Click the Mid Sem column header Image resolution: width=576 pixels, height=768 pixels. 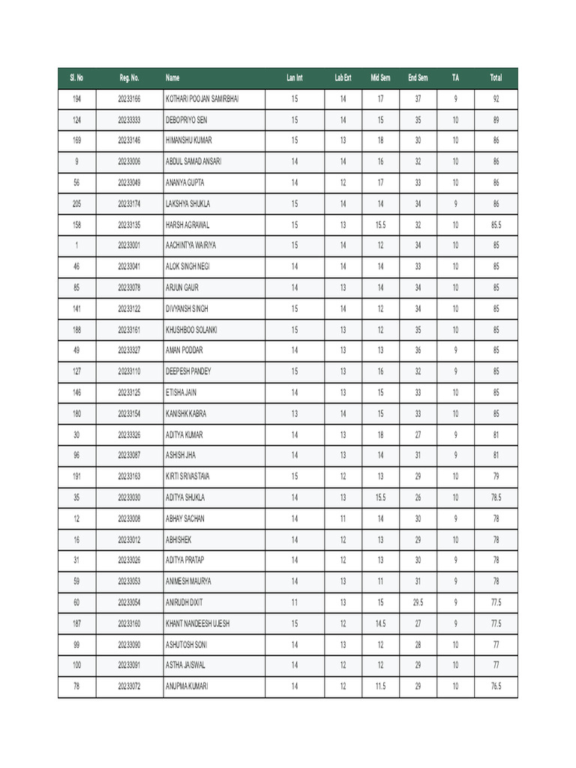[x=380, y=78]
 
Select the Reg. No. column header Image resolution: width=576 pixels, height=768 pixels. [x=129, y=78]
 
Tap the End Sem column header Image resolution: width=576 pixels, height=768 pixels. [x=418, y=78]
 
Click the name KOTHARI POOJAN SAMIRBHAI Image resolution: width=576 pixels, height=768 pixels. [x=202, y=99]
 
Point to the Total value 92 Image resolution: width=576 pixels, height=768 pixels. [x=496, y=99]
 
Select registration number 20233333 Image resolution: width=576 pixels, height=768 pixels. [x=129, y=120]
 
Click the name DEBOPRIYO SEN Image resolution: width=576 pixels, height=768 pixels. [x=187, y=120]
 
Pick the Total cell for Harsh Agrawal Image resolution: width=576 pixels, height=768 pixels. [x=496, y=224]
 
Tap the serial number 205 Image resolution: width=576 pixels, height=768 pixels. [x=77, y=203]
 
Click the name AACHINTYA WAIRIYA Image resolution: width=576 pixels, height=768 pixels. [x=190, y=245]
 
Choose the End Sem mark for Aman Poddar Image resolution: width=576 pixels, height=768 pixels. [x=418, y=350]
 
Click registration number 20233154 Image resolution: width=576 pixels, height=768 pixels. [x=129, y=413]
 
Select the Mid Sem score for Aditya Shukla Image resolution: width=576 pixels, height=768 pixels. [x=380, y=497]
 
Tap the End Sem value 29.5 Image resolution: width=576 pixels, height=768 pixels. [x=418, y=602]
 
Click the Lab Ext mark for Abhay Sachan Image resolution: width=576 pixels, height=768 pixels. [x=343, y=518]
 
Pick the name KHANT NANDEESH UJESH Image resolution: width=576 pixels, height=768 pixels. [x=198, y=623]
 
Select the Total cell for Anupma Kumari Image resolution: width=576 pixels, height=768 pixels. [x=496, y=686]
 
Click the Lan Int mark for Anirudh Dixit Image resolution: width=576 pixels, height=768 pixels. [x=295, y=602]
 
